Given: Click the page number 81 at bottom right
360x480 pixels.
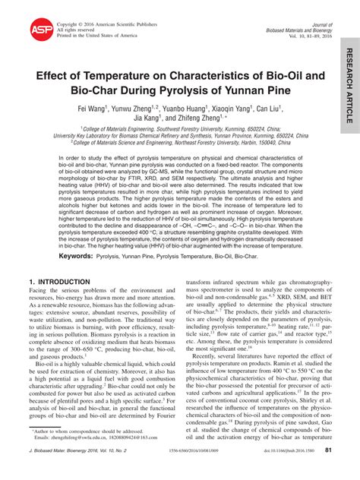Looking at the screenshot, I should point(328,471).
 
